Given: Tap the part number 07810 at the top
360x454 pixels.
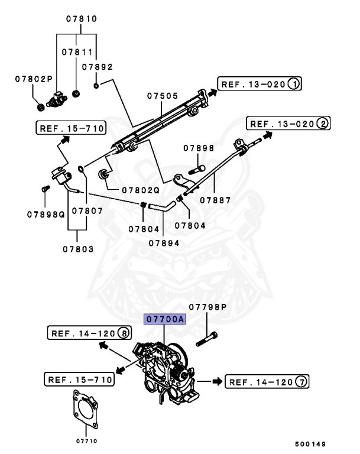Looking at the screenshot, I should click(x=81, y=19).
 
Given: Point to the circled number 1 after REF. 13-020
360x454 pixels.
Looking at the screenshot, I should click(x=294, y=85).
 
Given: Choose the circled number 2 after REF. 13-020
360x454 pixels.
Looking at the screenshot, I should click(x=322, y=124).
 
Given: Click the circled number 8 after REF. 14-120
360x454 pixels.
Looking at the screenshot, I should click(x=124, y=333).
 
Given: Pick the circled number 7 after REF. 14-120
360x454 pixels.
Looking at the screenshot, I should click(x=301, y=382).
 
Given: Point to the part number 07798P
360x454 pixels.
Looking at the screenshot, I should click(x=207, y=307).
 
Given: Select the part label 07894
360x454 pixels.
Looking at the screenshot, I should click(x=164, y=242).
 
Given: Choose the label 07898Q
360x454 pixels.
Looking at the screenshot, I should click(x=45, y=213).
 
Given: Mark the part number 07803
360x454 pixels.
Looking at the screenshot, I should click(x=78, y=249).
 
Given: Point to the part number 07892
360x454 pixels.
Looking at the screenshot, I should click(x=97, y=67).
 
